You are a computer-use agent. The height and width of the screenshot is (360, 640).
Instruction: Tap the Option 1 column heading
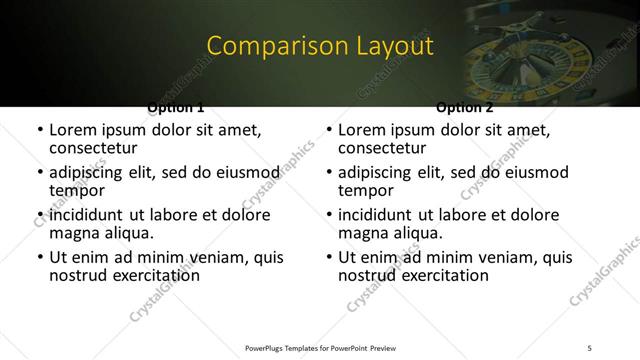pyautogui.click(x=176, y=107)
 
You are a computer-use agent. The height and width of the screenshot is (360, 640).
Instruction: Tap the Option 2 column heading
pyautogui.click(x=464, y=107)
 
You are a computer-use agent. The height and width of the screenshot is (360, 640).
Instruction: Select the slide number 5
pyautogui.click(x=590, y=347)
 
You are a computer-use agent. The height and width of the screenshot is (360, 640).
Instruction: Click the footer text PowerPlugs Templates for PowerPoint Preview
pyautogui.click(x=319, y=347)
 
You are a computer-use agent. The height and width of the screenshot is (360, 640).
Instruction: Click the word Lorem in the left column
pyautogui.click(x=73, y=130)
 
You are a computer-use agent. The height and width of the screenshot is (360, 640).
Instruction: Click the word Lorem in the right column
pyautogui.click(x=362, y=130)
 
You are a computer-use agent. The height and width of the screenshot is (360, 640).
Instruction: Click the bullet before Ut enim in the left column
pyautogui.click(x=39, y=258)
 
